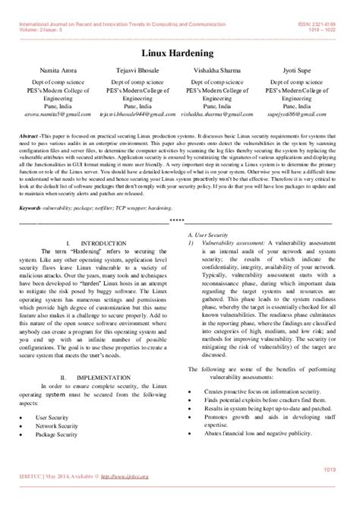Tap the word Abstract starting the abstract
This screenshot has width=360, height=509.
pyautogui.click(x=32, y=134)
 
